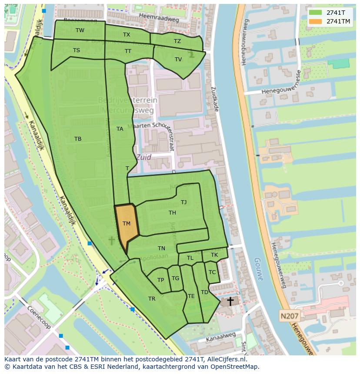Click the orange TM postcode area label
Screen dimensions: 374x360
(x=127, y=224)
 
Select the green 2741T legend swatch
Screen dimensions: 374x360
(x=316, y=13)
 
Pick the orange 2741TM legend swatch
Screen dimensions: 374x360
(x=316, y=21)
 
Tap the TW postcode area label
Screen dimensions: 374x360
(x=80, y=30)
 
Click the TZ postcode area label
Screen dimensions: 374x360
(x=177, y=41)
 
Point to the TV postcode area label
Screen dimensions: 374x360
(x=178, y=60)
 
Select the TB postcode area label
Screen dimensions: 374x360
(x=78, y=139)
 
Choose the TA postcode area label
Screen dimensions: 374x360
(x=120, y=129)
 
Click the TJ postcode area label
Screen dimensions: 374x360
(x=184, y=202)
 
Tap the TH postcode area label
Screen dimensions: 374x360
(x=173, y=212)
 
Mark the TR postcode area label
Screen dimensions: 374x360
(x=152, y=299)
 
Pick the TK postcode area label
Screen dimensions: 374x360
(x=214, y=255)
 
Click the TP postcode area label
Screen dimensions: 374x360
(x=161, y=280)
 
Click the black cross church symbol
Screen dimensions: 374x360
(x=230, y=301)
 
